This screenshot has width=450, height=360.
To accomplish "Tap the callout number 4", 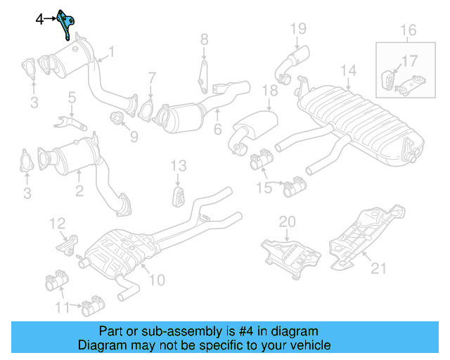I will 40,20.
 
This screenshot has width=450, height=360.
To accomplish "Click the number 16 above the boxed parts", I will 409,30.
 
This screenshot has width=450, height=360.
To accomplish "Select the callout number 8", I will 204,39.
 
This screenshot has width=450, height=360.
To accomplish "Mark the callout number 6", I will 217,129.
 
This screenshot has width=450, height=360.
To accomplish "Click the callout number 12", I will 57,224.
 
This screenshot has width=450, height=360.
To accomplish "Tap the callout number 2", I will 79,189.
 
